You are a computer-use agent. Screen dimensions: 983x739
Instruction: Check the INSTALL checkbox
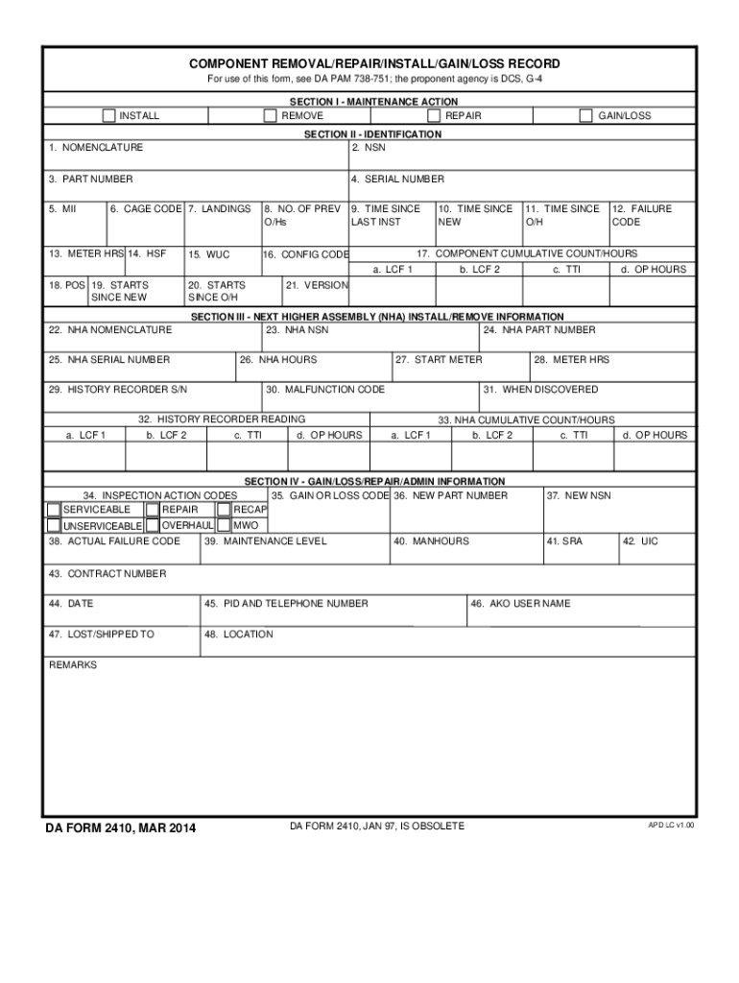tap(109, 116)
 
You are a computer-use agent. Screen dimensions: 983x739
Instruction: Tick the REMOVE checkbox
tap(271, 116)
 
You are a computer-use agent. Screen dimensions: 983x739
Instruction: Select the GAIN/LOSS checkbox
tap(585, 116)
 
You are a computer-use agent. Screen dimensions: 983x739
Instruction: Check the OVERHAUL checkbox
tap(152, 525)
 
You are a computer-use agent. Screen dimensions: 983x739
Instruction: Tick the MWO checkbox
tap(224, 525)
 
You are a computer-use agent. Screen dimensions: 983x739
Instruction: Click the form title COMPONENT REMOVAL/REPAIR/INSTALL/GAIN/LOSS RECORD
tap(374, 63)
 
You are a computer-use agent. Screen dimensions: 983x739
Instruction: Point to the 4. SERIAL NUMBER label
tap(397, 180)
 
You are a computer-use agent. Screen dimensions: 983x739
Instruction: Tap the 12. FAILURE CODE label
tap(641, 215)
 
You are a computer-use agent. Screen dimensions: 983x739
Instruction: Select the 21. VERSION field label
tap(317, 285)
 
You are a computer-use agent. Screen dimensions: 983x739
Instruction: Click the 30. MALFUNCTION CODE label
tap(326, 390)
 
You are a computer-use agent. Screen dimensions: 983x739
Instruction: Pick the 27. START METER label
tap(439, 360)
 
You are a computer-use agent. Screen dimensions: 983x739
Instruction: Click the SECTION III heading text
tap(374, 317)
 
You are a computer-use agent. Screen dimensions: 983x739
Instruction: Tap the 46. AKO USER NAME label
tap(520, 604)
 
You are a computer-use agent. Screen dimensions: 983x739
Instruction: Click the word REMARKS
tap(73, 664)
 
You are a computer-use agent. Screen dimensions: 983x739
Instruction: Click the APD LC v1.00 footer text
tap(671, 825)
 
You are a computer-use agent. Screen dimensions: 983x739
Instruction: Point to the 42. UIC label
tap(642, 541)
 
